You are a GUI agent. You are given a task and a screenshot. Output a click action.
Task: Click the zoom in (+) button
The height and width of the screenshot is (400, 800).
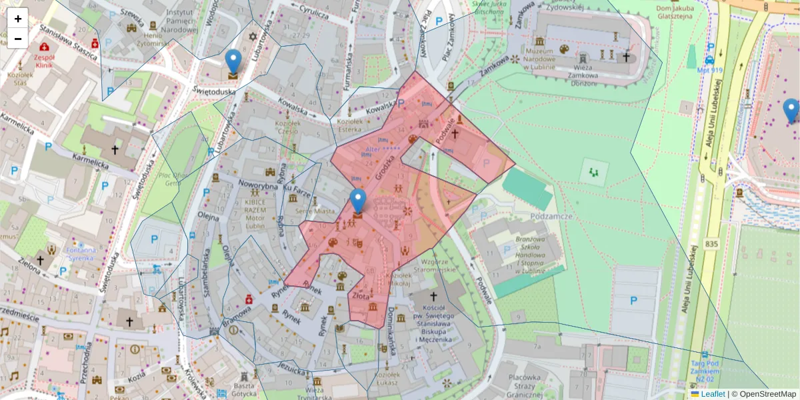[x=18, y=18]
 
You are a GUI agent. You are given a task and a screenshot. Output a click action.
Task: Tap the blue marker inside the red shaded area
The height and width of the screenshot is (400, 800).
[x=358, y=200]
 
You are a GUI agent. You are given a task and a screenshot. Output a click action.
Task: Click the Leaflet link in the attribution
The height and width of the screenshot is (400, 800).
[x=713, y=394]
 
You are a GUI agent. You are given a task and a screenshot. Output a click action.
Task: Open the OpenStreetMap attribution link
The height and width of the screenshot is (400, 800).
[x=767, y=394]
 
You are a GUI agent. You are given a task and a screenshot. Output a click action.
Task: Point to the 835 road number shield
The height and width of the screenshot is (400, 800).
[x=711, y=245]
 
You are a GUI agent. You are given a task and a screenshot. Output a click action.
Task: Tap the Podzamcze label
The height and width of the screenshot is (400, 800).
[x=553, y=217]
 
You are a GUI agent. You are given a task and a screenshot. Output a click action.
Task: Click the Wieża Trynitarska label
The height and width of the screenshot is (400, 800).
[x=313, y=393]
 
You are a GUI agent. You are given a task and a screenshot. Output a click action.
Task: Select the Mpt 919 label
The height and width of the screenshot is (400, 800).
[x=709, y=69]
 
